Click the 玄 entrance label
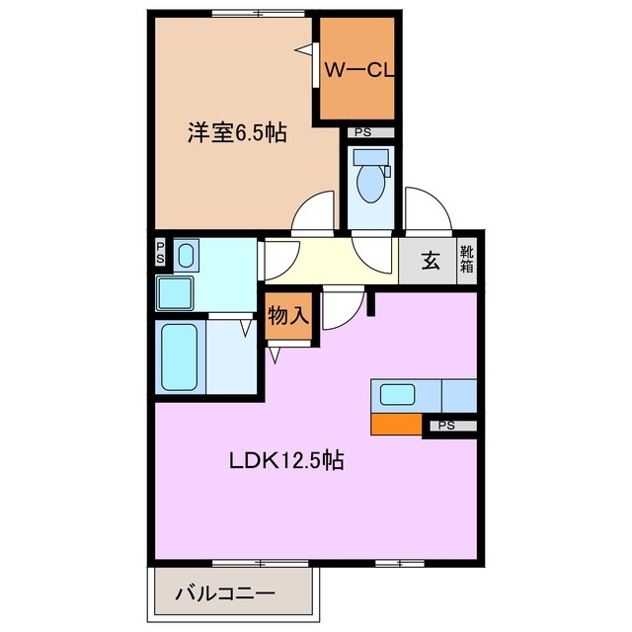[x=432, y=262]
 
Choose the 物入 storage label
[x=289, y=317]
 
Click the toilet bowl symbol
[x=371, y=181]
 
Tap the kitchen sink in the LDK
[x=398, y=395]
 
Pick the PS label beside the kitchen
[x=447, y=426]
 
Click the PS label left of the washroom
[x=160, y=254]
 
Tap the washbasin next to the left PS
[x=187, y=257]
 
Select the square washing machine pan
[x=178, y=293]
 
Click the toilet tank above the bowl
[x=371, y=156]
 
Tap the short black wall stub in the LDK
[x=371, y=302]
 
